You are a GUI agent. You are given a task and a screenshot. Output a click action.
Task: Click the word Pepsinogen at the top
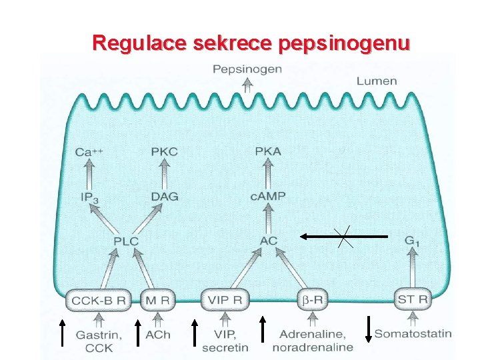[247, 69]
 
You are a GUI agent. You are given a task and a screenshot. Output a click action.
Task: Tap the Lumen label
[377, 81]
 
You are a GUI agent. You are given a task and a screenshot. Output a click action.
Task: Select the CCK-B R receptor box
[99, 301]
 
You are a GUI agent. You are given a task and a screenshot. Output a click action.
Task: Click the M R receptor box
[157, 301]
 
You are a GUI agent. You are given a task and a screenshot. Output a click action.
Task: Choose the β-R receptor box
[312, 301]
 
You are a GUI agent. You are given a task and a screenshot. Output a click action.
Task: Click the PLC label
[125, 241]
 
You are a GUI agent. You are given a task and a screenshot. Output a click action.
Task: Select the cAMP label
[268, 196]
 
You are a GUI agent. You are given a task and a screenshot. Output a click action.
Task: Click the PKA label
[268, 151]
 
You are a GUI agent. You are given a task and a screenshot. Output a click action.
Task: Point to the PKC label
[164, 151]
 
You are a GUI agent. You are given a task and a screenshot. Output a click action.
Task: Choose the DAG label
[164, 197]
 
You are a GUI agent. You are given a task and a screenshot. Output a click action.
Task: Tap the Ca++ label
[89, 152]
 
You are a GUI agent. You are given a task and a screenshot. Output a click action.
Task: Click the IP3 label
[89, 197]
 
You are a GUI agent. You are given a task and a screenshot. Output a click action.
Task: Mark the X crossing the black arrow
[345, 237]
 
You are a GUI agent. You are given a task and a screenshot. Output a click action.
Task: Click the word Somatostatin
[413, 333]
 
